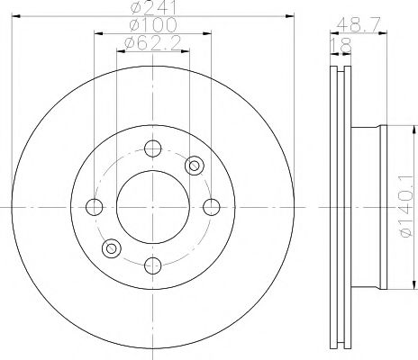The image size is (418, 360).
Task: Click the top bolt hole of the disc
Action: pyautogui.click(x=152, y=148)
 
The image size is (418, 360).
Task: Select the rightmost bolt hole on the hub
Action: pyautogui.click(x=211, y=207)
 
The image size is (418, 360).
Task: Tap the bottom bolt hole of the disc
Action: pyautogui.click(x=152, y=265)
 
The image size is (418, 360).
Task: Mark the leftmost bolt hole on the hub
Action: pyautogui.click(x=94, y=207)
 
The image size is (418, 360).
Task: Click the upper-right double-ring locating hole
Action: pyautogui.click(x=193, y=165)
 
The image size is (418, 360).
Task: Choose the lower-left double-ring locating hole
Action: pyautogui.click(x=111, y=247)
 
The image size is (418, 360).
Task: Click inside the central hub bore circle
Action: pyautogui.click(x=152, y=207)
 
